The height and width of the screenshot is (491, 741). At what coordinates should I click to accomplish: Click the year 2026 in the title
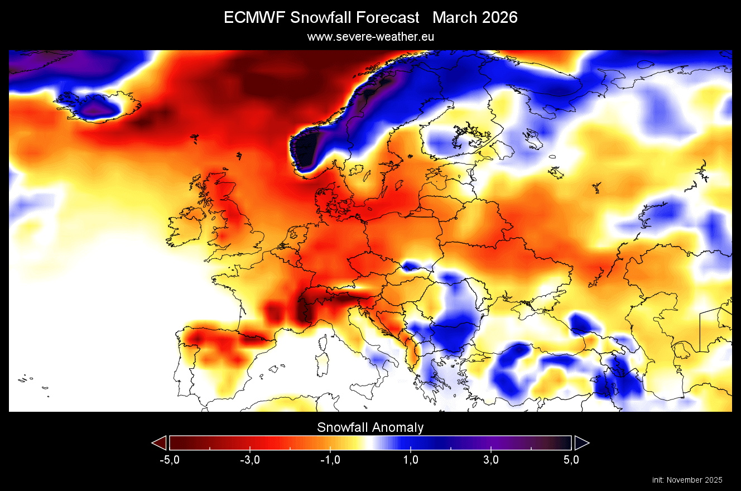click(497, 18)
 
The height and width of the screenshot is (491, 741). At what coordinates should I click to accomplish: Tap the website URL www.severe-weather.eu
click(371, 36)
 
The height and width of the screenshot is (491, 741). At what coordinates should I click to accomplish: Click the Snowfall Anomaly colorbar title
click(371, 427)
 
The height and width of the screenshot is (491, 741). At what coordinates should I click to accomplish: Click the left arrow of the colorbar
click(160, 443)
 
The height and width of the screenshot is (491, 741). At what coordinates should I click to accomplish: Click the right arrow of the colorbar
click(581, 443)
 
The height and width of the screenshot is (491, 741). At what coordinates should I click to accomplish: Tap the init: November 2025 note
click(687, 480)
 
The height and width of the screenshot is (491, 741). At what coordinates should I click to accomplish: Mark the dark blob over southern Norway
click(306, 148)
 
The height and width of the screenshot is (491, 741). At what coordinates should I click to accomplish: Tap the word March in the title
click(451, 18)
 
